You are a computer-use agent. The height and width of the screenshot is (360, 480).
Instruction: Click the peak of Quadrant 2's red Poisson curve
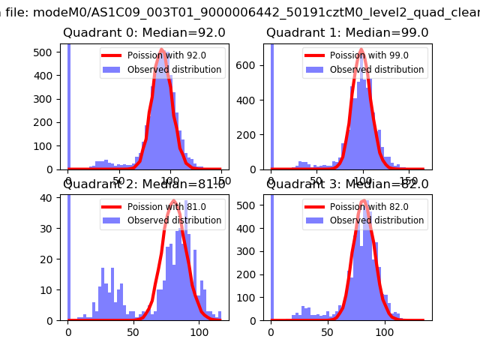tap(173, 201)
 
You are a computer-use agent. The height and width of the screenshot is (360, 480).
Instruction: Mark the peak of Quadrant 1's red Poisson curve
tap(361, 50)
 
